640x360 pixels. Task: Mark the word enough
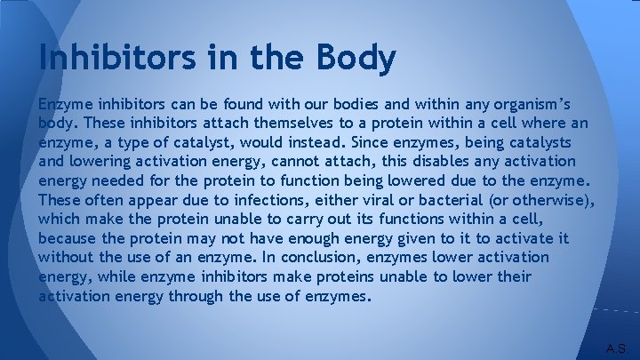324,238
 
